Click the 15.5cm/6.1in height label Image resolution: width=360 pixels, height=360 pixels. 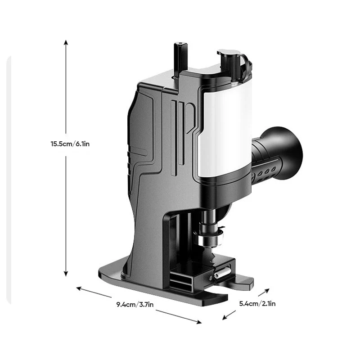pyautogui.click(x=70, y=144)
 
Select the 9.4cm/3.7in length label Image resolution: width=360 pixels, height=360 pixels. pyautogui.click(x=135, y=305)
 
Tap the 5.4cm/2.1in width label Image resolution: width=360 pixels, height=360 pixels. pyautogui.click(x=257, y=303)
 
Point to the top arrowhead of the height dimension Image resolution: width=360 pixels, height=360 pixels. pyautogui.click(x=66, y=42)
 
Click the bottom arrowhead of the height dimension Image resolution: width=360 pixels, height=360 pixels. pyautogui.click(x=66, y=274)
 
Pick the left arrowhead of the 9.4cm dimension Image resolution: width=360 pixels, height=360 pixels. pyautogui.click(x=79, y=288)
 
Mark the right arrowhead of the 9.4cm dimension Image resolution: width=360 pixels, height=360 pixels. pyautogui.click(x=199, y=322)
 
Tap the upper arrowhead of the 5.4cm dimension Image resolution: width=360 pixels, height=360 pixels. pyautogui.click(x=267, y=291)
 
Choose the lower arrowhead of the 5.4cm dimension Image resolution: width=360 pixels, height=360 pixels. pyautogui.click(x=225, y=318)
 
